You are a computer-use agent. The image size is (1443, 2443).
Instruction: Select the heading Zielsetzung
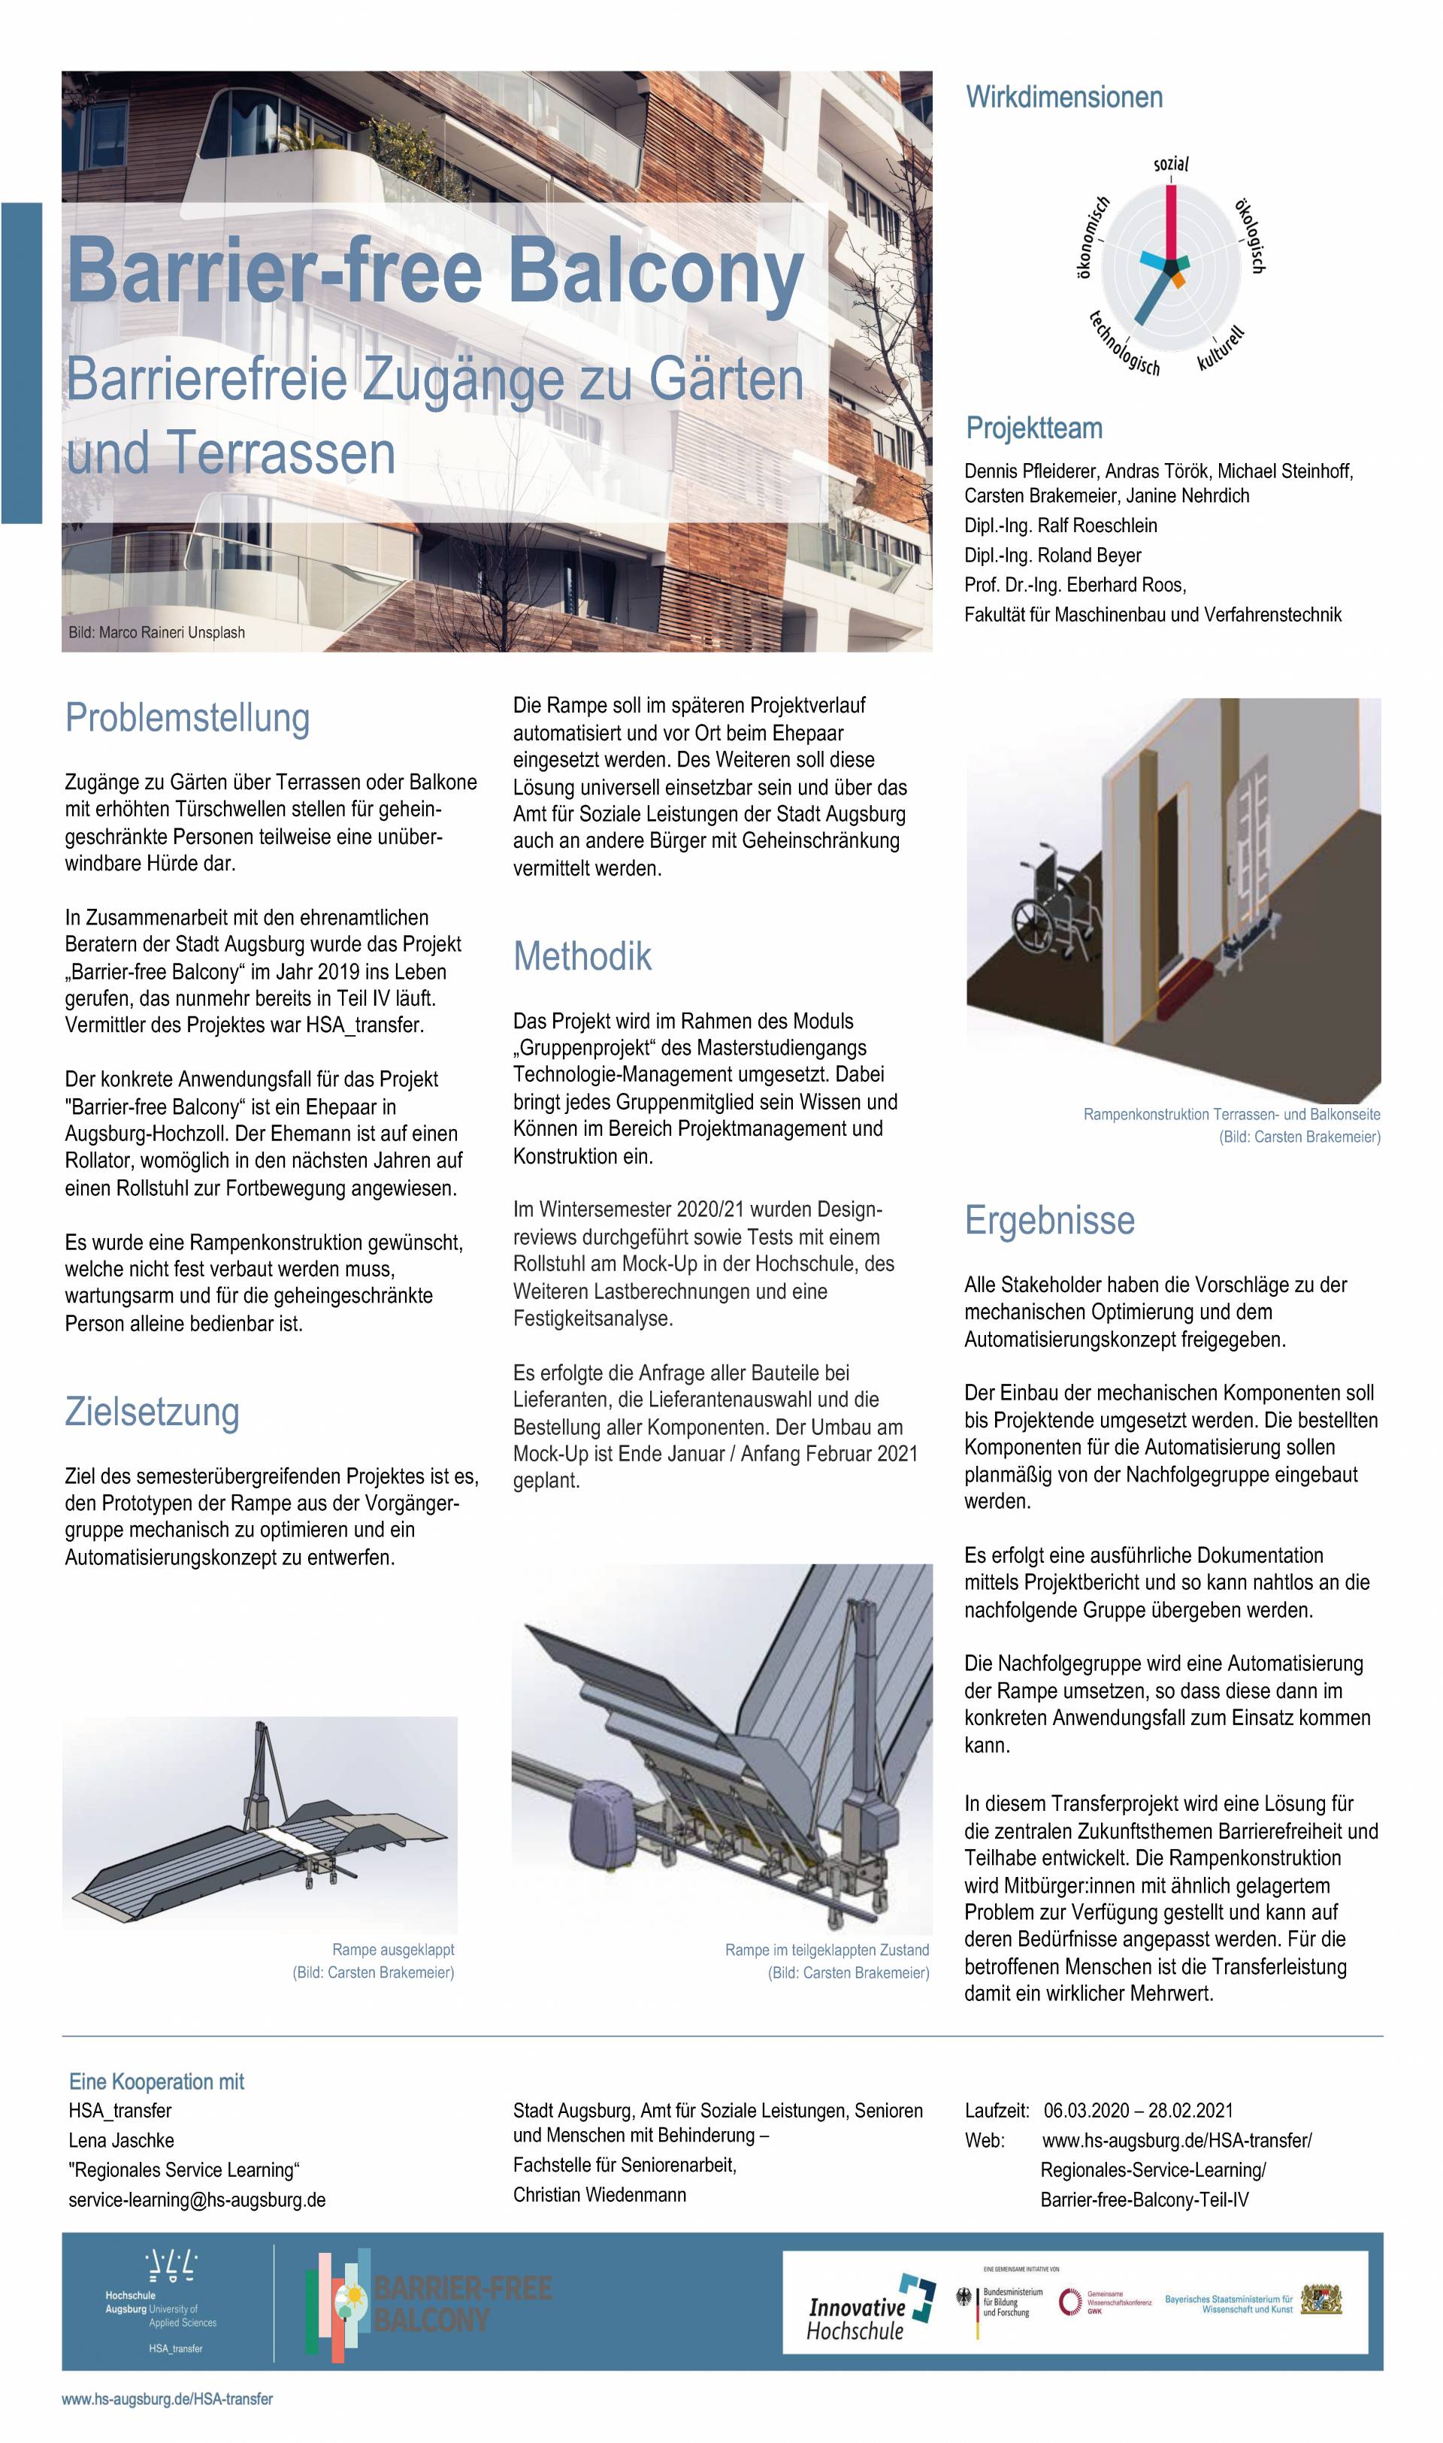[152, 1412]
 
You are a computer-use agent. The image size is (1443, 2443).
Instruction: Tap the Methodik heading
[582, 957]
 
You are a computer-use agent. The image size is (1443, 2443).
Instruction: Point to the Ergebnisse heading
[1049, 1221]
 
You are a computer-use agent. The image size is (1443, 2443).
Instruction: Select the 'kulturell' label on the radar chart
[1221, 350]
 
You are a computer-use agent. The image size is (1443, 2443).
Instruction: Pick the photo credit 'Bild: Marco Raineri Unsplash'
[156, 632]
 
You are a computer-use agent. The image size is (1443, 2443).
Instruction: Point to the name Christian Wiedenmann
[600, 2195]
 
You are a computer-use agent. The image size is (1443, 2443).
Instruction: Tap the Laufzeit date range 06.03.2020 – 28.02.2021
[1138, 2112]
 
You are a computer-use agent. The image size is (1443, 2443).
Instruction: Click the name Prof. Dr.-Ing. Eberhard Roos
[1075, 586]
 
